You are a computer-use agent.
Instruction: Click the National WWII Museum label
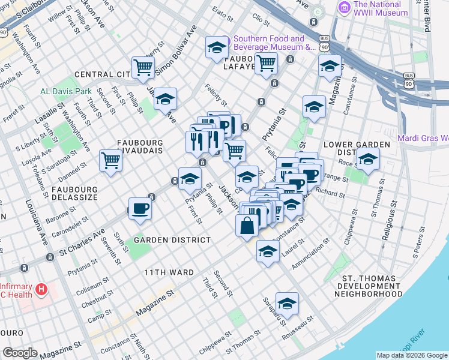[x=384, y=8]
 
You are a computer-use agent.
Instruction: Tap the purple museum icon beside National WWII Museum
[x=345, y=8]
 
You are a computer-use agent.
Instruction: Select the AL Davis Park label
[x=66, y=92]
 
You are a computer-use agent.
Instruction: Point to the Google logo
[x=20, y=353]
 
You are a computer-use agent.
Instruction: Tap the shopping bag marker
[x=247, y=226]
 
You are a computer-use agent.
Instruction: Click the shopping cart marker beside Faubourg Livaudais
[x=111, y=160]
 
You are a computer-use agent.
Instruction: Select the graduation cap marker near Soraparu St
[x=287, y=302]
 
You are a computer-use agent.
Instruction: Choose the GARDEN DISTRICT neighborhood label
[x=172, y=240]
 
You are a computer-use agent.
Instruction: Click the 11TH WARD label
[x=169, y=272]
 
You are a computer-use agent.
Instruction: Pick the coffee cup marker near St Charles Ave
[x=140, y=208]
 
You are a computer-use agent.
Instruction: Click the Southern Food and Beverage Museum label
[x=274, y=43]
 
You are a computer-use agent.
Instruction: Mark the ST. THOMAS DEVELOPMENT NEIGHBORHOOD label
[x=372, y=287]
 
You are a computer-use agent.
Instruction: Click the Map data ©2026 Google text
[x=412, y=355]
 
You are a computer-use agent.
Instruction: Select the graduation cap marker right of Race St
[x=368, y=160]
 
